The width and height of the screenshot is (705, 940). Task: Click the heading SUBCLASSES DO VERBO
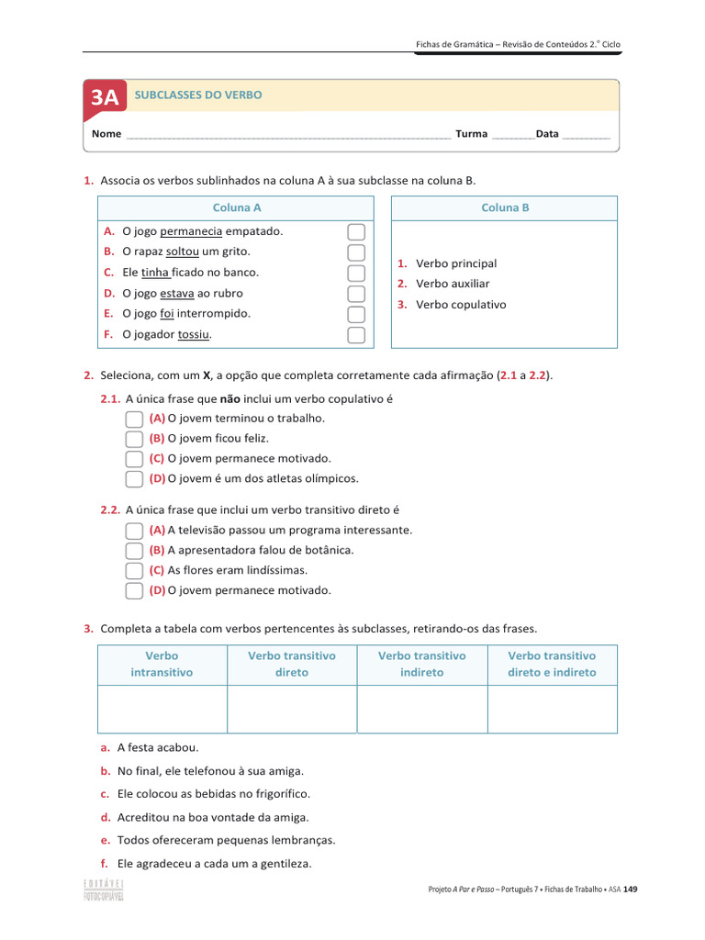[198, 95]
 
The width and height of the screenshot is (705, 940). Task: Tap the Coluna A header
[237, 207]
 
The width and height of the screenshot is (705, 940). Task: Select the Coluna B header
[505, 207]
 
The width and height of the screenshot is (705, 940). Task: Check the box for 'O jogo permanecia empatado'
[356, 231]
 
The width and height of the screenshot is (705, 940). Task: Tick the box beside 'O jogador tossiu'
[356, 334]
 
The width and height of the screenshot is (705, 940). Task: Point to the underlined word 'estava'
[177, 294]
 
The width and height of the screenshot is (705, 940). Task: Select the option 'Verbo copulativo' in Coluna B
[460, 305]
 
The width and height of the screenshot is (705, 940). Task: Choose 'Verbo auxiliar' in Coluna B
[452, 284]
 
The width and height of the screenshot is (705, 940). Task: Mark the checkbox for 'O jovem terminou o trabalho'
[134, 419]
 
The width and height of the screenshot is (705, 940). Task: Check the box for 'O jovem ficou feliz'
[134, 439]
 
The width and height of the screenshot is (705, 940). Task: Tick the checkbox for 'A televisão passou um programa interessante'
[134, 531]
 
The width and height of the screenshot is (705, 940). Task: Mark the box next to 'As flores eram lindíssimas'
[134, 571]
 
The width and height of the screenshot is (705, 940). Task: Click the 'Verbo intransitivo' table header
[162, 664]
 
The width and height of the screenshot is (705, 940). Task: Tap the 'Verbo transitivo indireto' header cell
[422, 664]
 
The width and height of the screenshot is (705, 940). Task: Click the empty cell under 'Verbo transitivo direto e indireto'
[552, 709]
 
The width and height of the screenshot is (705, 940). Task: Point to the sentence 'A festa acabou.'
[157, 748]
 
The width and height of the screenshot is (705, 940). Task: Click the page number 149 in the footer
[630, 889]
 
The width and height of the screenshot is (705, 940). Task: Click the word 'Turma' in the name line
[471, 134]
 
